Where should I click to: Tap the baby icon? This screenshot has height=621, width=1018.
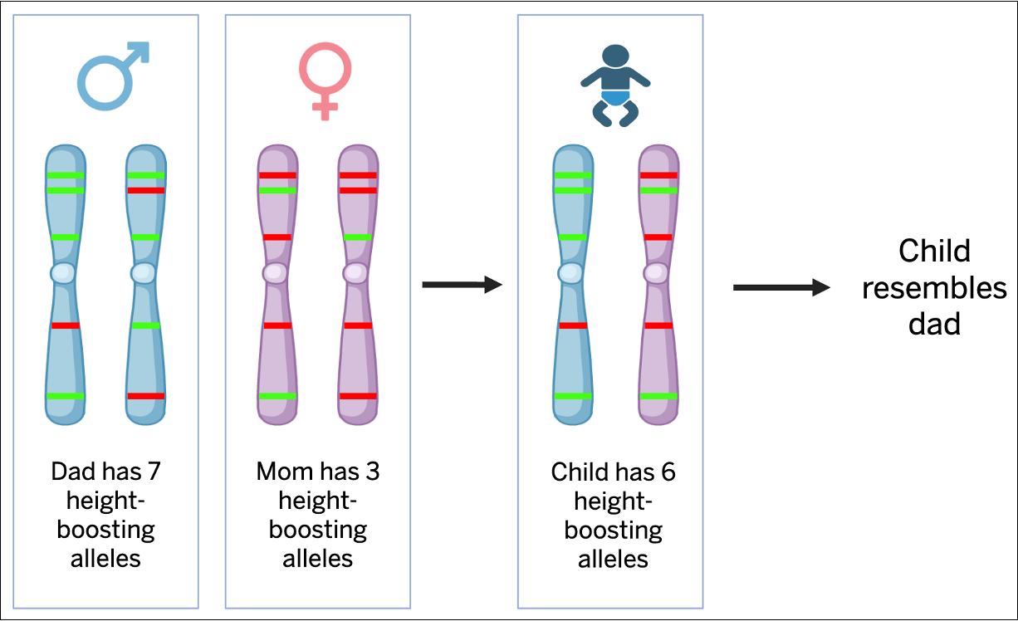(x=614, y=86)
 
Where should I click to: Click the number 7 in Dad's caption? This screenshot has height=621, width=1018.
(x=154, y=472)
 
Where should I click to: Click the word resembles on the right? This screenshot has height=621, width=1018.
(x=934, y=287)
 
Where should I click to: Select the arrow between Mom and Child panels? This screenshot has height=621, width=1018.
(x=462, y=286)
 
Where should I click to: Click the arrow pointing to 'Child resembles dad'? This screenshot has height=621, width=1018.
(x=781, y=287)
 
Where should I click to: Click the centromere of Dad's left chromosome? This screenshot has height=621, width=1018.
(x=65, y=273)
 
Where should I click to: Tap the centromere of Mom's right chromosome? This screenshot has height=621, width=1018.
(x=357, y=272)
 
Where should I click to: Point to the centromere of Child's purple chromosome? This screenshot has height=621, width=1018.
(x=658, y=272)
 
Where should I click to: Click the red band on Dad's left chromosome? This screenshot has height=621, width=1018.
(x=65, y=325)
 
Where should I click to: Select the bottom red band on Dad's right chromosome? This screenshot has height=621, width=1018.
(x=145, y=396)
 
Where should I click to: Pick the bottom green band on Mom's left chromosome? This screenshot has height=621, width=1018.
(x=277, y=396)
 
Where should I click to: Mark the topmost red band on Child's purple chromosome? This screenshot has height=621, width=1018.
(x=658, y=175)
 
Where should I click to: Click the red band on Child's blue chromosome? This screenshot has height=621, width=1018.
(x=573, y=325)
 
